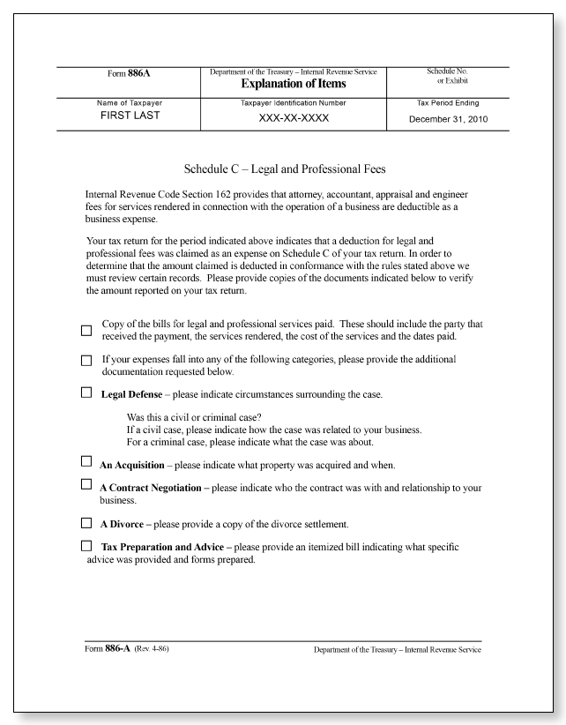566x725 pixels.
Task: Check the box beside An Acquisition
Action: tap(86, 462)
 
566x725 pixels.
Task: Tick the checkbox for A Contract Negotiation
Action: tap(86, 485)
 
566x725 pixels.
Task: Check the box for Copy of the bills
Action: tap(86, 331)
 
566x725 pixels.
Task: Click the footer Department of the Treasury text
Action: tap(397, 651)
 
